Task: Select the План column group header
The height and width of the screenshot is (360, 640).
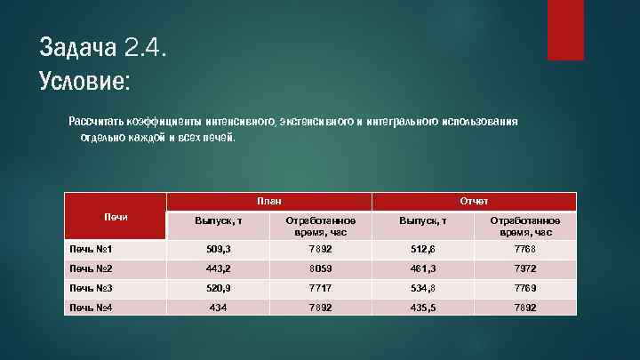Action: (x=268, y=202)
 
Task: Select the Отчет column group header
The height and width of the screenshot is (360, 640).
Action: (x=474, y=202)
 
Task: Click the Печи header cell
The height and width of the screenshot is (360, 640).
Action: (x=116, y=217)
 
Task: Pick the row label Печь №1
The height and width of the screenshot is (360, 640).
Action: (x=92, y=248)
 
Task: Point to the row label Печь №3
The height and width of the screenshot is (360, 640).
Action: (x=92, y=287)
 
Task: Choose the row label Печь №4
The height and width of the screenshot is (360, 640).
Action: (x=92, y=308)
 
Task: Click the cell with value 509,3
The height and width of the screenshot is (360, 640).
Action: (x=217, y=249)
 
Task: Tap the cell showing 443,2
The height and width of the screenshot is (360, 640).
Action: (x=217, y=268)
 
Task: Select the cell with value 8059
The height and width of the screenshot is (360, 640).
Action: (x=320, y=268)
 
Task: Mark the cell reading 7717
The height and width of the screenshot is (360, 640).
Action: (x=320, y=288)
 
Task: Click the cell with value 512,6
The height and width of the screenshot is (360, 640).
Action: (x=422, y=249)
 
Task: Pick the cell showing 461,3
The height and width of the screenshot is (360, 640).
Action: (x=422, y=268)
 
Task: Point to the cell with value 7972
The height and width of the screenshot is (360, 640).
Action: (x=525, y=268)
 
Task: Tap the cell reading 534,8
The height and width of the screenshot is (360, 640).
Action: (x=422, y=288)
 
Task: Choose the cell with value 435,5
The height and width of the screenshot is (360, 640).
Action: (x=422, y=308)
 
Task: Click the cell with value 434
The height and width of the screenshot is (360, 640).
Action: (x=217, y=308)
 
